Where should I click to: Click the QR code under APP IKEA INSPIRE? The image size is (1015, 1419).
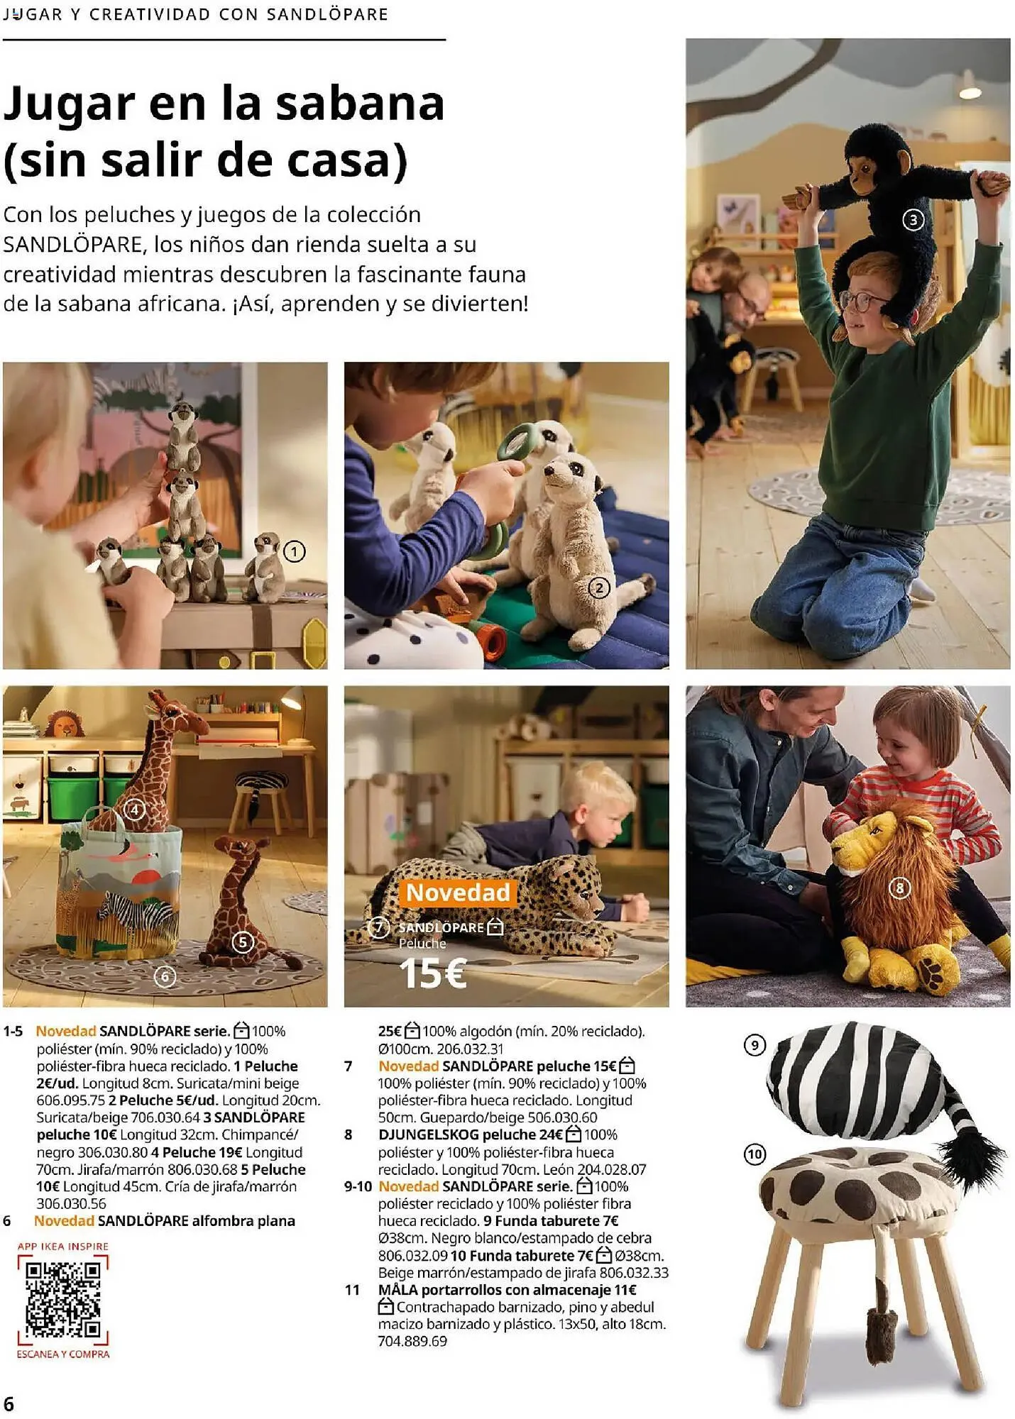pos(63,1299)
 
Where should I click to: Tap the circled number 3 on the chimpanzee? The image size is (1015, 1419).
pos(913,220)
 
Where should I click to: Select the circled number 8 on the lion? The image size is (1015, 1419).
pos(899,888)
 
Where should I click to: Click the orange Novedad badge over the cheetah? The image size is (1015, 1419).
pos(458,893)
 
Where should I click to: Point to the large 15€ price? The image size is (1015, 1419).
pos(432,973)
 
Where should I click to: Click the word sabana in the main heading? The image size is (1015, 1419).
pos(359,104)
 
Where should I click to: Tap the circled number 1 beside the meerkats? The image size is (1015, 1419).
pos(294,551)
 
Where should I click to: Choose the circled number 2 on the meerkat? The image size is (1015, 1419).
pos(599,587)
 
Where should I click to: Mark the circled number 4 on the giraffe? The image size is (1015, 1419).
pos(134,810)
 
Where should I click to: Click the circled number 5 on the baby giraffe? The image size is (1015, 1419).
pos(243,942)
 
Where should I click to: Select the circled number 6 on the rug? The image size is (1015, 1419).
pos(165,977)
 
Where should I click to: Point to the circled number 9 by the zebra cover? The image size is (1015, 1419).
pos(754,1045)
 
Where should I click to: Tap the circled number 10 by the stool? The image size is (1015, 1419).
pos(754,1154)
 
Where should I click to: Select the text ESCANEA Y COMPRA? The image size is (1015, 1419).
pos(63,1354)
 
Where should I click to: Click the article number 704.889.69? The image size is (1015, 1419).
pos(412,1341)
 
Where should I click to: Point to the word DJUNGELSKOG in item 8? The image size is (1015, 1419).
pos(428,1134)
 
